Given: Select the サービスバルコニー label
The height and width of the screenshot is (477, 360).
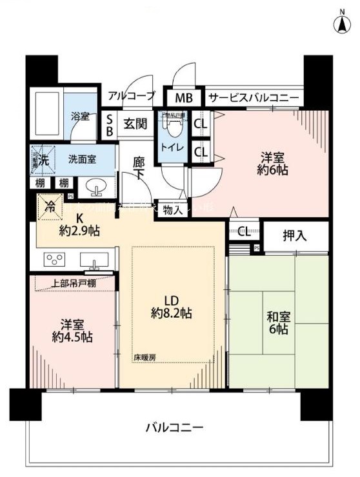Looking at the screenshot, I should tap(252, 98).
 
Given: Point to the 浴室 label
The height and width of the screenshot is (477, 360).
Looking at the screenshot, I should tap(80, 117).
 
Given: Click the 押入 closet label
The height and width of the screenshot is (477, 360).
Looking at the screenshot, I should tap(294, 236).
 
